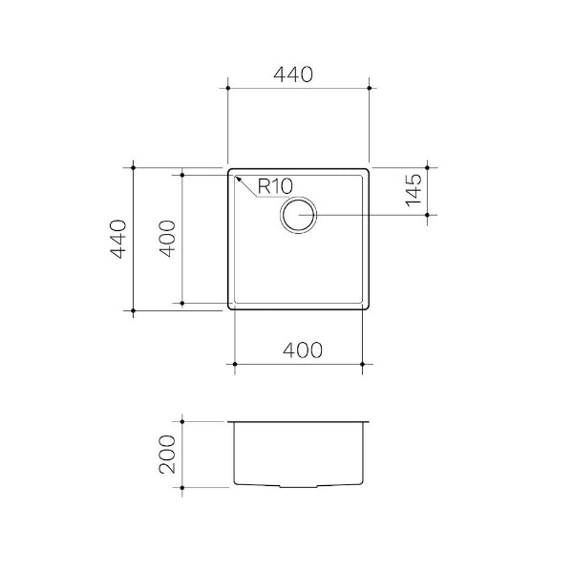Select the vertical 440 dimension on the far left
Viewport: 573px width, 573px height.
click(117, 238)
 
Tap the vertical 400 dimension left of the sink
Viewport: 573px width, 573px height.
click(166, 238)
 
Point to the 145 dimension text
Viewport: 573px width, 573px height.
click(414, 191)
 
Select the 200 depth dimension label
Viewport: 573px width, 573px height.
click(167, 454)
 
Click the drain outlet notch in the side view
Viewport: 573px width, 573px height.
click(298, 487)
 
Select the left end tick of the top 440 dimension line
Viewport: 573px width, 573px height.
click(228, 88)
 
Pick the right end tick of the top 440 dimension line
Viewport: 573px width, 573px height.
click(370, 88)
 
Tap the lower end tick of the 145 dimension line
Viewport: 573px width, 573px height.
click(427, 215)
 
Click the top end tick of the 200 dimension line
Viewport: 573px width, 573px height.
click(182, 419)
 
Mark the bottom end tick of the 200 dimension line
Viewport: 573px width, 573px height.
click(182, 488)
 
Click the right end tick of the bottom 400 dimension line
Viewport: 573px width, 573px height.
click(364, 365)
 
